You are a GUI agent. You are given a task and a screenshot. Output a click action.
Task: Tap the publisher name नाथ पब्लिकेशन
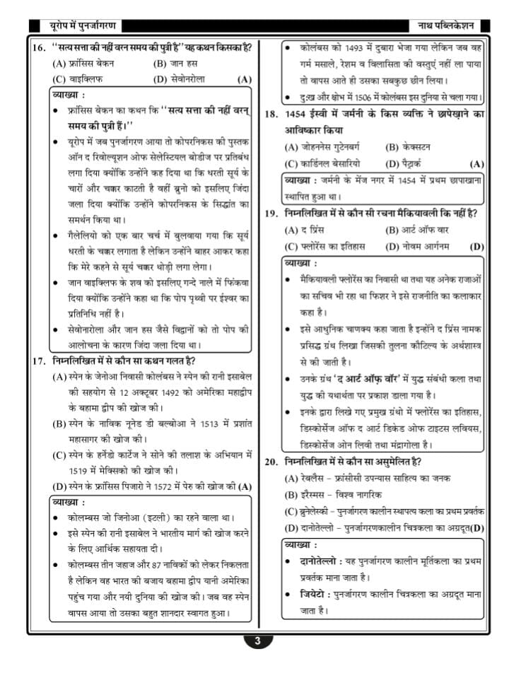point(446,26)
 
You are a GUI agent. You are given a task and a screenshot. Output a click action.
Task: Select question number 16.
point(39,48)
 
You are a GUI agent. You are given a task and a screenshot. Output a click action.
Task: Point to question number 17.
point(39,361)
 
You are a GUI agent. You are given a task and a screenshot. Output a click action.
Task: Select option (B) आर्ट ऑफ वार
point(417,230)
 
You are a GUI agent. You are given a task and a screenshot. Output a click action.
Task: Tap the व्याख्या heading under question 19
point(300,263)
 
